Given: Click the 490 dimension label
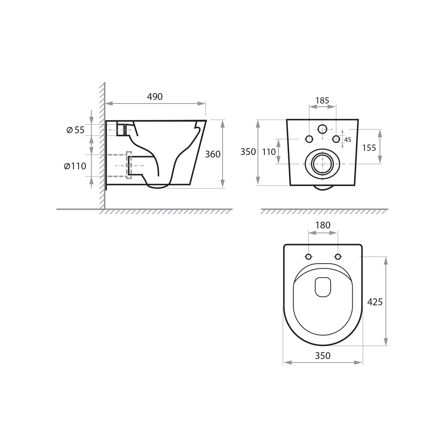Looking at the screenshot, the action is point(155,96).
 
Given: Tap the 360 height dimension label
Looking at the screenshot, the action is point(212,154).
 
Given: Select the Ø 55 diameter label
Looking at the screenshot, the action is point(76,130).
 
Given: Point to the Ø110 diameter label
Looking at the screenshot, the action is point(75,166).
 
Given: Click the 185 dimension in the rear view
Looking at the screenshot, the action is point(322,101).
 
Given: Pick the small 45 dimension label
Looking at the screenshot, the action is point(348,140).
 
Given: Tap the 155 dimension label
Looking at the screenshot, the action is point(369,148).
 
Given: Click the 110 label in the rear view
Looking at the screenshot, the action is point(269,152).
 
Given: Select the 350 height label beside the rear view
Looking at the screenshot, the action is point(248,152).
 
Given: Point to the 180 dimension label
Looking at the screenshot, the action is point(323,225).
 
